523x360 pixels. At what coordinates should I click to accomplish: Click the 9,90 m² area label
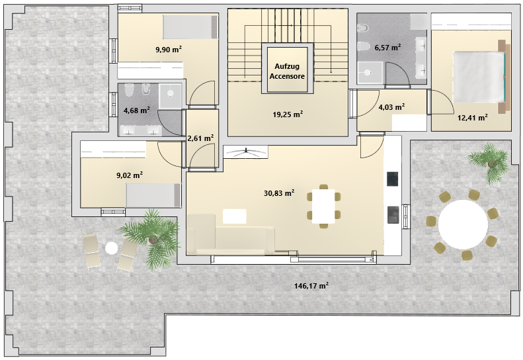pos(169,50)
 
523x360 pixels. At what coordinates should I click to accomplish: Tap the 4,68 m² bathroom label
pos(136,111)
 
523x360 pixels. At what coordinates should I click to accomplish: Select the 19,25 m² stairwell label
pos(288,114)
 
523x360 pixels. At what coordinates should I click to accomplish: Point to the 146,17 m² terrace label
pos(311,285)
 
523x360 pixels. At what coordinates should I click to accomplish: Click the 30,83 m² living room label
pos(279,193)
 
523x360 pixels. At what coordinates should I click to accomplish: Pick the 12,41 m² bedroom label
pos(472,118)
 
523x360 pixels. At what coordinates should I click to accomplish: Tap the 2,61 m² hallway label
pos(200,138)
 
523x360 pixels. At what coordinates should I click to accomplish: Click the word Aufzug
pos(287,66)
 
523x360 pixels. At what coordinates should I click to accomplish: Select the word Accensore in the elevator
pos(287,76)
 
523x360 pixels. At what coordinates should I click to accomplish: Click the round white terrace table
pos(463,224)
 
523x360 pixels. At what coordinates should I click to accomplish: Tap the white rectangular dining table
pos(323,206)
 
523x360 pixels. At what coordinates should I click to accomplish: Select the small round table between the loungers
pos(111,248)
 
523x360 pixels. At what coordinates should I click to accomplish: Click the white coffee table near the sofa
pos(235,216)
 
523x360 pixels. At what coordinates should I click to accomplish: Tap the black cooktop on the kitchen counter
pos(393,179)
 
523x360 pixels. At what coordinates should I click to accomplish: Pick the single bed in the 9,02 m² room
pos(154,195)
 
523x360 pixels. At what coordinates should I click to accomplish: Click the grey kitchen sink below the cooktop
pos(393,214)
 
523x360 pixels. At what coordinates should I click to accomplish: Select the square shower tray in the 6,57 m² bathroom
pos(368,73)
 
